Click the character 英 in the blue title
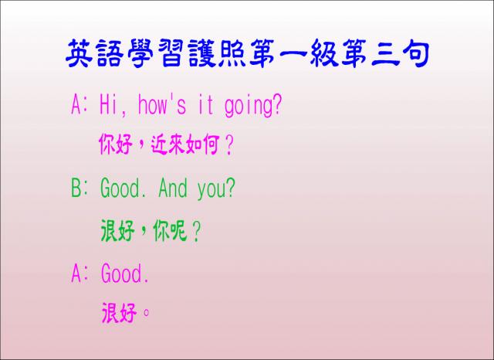tap(79, 53)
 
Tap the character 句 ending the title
tap(416, 53)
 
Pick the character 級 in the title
tap(324, 53)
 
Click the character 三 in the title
tap(385, 53)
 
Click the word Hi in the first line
tap(108, 104)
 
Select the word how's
tap(162, 104)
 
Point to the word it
tap(205, 104)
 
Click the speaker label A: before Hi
tap(80, 104)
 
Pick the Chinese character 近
tap(159, 144)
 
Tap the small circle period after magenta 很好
tap(146, 313)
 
